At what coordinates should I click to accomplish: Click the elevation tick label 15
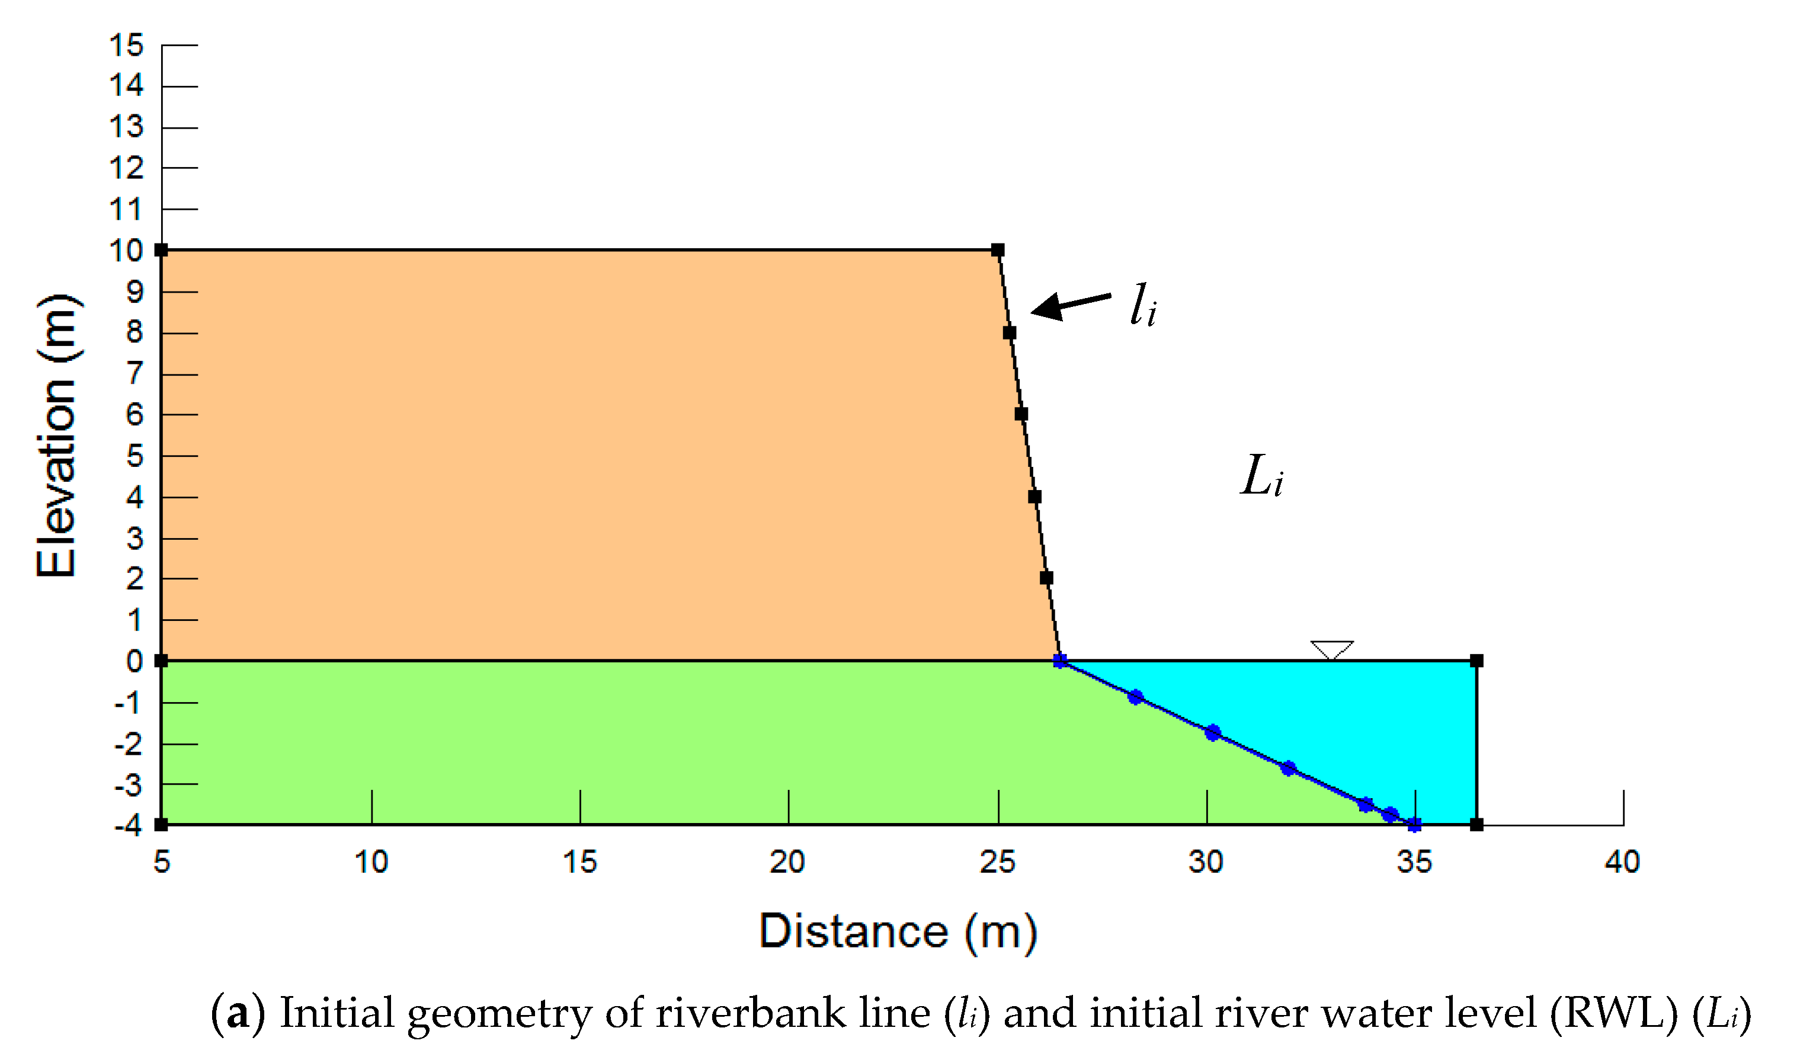[126, 45]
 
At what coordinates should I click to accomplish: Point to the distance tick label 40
[1622, 862]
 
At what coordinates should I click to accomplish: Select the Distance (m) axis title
[898, 931]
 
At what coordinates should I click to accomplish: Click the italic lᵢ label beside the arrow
[1142, 306]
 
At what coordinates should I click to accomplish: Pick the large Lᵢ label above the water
[1261, 476]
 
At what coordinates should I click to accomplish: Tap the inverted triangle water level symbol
[1331, 649]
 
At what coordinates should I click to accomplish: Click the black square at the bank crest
[998, 250]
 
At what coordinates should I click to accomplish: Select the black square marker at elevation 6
[1021, 414]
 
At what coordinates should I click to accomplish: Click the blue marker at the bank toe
[1060, 661]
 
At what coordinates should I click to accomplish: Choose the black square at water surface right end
[1476, 661]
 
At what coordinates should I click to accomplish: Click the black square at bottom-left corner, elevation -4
[162, 824]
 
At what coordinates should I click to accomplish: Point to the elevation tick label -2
[129, 745]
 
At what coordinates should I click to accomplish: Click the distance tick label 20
[787, 862]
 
